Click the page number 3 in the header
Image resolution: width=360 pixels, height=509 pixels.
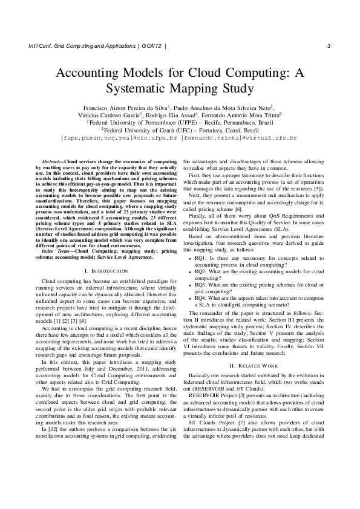[327, 46]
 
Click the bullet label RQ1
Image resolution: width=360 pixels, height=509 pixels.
[201, 258]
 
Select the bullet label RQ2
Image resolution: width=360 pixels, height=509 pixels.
[201, 271]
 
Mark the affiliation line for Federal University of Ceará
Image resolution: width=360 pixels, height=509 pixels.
[180, 129]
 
